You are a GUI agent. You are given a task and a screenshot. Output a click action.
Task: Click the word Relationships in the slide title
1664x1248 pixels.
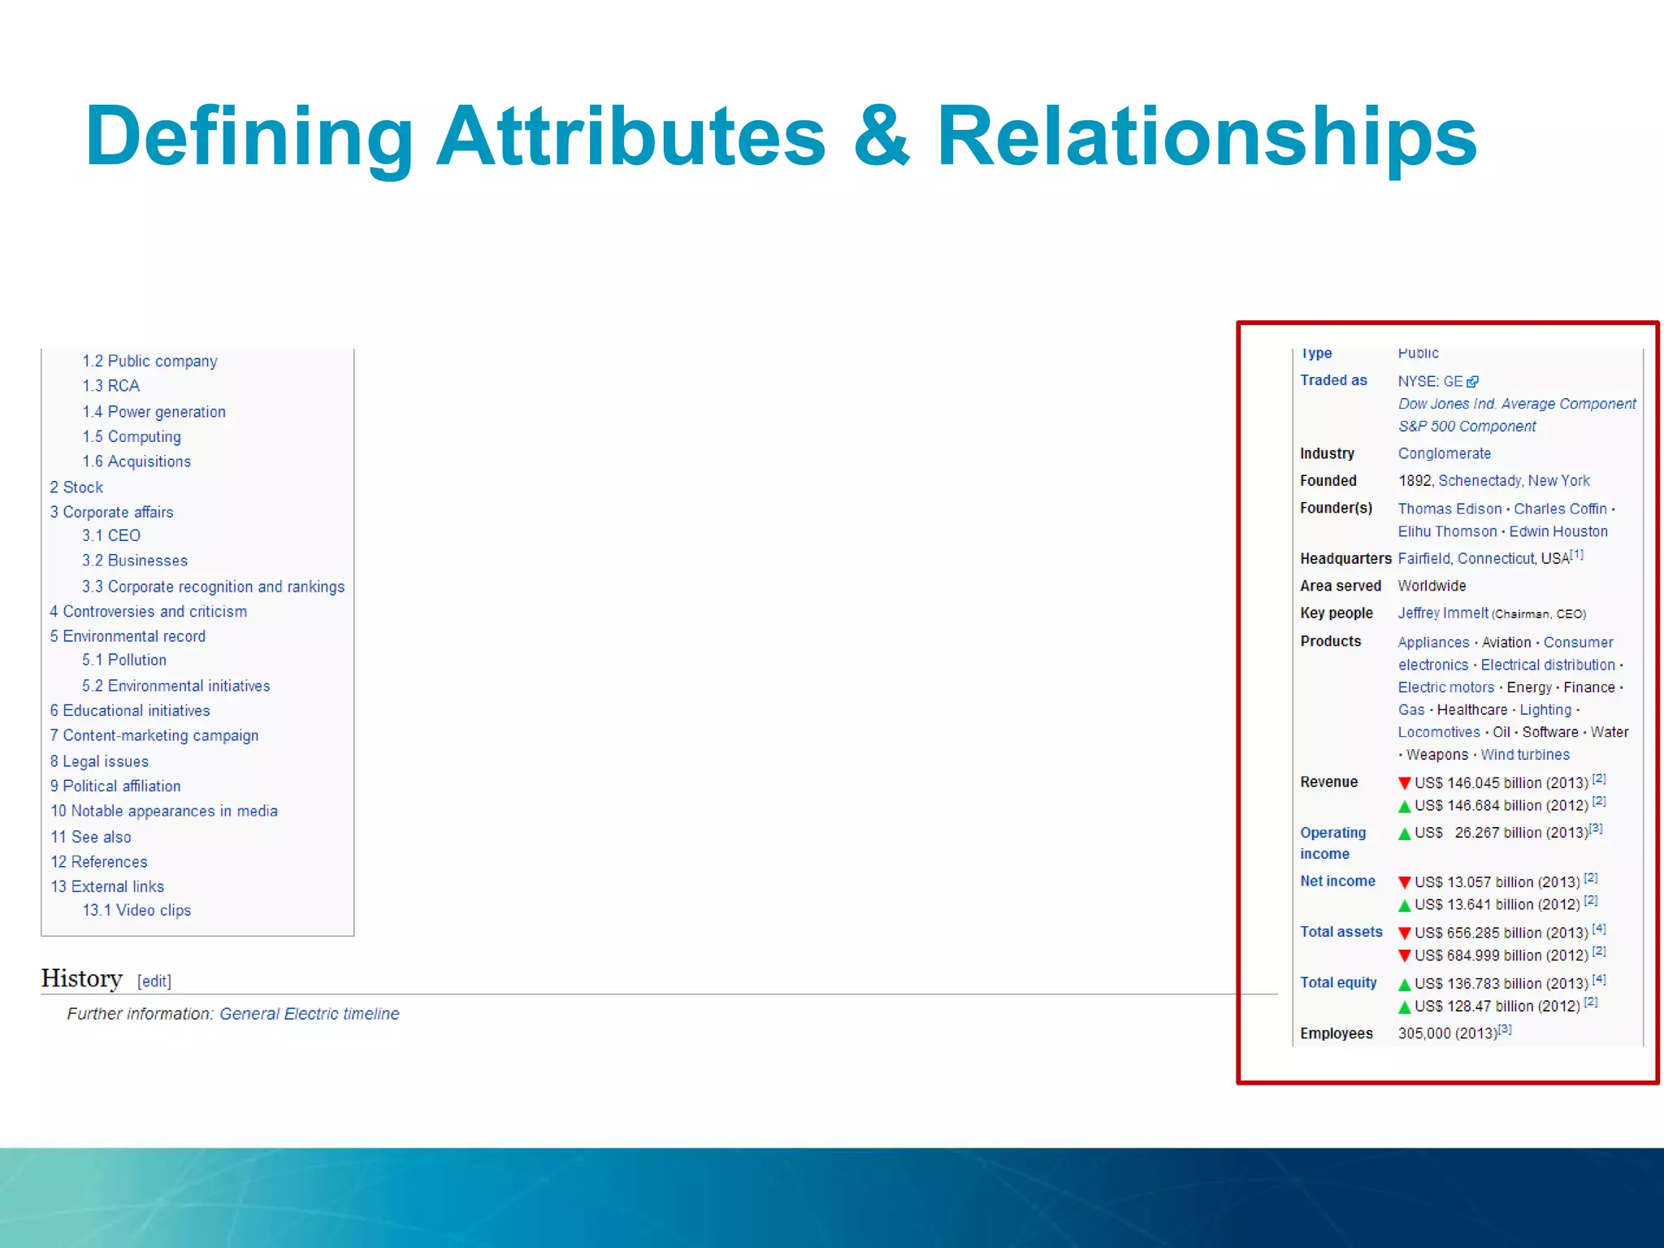(x=1207, y=136)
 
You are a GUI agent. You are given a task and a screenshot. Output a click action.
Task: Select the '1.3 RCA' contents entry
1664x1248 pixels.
(x=110, y=386)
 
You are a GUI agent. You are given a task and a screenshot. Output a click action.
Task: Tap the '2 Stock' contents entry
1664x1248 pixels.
(x=76, y=487)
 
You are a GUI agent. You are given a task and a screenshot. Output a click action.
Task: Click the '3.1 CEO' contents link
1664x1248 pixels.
(x=111, y=535)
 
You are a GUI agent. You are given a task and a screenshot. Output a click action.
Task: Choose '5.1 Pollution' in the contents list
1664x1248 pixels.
(x=124, y=660)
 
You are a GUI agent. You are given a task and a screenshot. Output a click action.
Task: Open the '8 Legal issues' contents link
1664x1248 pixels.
(x=99, y=761)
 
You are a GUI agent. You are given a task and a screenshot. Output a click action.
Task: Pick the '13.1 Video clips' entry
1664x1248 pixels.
(x=136, y=910)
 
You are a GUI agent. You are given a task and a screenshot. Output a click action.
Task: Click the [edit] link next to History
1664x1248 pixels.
(x=154, y=981)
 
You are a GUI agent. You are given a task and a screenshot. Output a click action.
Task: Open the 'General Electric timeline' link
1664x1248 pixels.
(x=309, y=1014)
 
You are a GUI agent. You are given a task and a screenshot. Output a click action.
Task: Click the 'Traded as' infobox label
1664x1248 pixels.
(x=1333, y=380)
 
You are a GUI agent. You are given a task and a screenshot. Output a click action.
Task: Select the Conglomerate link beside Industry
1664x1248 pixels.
(x=1444, y=453)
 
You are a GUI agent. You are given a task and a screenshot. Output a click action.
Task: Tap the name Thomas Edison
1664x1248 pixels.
(x=1449, y=509)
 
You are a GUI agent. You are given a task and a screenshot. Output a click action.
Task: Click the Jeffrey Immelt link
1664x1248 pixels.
(x=1443, y=613)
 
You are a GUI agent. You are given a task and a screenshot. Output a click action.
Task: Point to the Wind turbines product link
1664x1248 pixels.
(x=1525, y=755)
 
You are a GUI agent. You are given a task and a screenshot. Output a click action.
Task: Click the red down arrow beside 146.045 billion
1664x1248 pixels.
(x=1404, y=783)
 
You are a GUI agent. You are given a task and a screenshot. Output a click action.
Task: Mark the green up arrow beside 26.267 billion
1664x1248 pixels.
(x=1404, y=834)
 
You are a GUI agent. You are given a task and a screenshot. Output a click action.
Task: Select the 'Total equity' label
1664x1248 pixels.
(x=1338, y=982)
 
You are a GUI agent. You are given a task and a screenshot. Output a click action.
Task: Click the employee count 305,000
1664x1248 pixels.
(x=1424, y=1033)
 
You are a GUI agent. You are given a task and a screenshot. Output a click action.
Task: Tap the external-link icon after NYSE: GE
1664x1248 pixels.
(x=1473, y=382)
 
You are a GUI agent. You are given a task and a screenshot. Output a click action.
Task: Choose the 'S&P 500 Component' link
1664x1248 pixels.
(x=1467, y=427)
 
